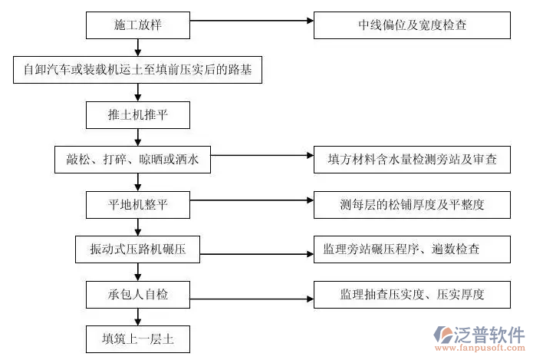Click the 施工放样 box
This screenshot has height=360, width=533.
click(x=137, y=25)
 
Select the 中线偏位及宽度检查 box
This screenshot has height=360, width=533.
click(x=412, y=25)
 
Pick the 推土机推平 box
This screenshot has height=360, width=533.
click(x=137, y=114)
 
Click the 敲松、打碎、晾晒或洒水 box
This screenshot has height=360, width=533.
click(x=133, y=160)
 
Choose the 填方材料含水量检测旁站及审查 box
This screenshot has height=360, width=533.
click(x=412, y=160)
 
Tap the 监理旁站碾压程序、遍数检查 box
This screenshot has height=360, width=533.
click(x=412, y=249)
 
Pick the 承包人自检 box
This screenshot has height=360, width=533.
click(x=137, y=293)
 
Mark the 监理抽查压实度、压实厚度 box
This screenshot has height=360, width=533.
click(x=412, y=293)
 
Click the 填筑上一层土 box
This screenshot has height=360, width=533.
click(x=137, y=338)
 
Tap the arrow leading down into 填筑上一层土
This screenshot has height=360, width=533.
click(x=137, y=315)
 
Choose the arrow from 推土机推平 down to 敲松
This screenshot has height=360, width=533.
click(x=137, y=137)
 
